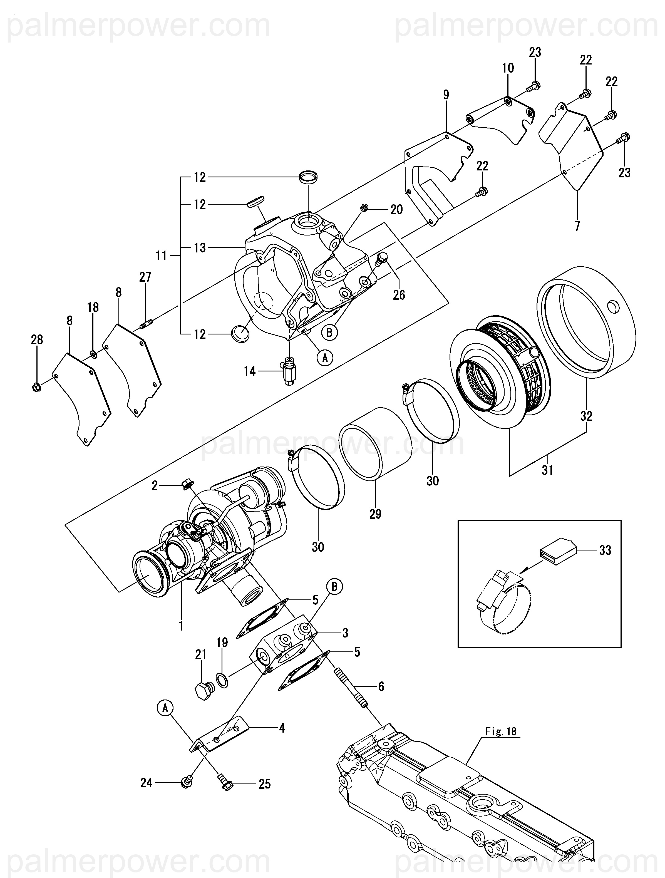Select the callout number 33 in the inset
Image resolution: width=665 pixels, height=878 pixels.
point(605,550)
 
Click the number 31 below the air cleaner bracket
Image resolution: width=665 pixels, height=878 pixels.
point(547,470)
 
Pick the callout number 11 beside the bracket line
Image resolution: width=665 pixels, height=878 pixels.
point(161,256)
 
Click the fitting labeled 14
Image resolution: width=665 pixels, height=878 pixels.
point(289,370)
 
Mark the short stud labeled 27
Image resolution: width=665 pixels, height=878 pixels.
point(146,324)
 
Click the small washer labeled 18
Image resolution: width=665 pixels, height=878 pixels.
point(93,353)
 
